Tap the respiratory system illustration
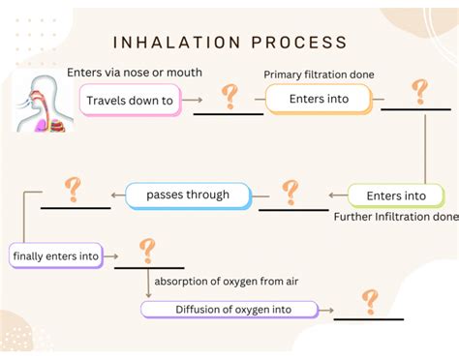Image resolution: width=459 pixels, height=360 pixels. tap(40, 101)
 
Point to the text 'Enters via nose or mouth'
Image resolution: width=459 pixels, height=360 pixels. tap(137, 74)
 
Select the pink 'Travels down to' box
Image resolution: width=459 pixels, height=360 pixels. tap(130, 100)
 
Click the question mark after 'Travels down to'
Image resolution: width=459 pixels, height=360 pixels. tap(229, 96)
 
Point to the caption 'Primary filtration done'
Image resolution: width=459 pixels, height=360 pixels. tap(319, 75)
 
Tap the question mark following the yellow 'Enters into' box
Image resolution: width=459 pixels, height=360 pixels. tap(419, 91)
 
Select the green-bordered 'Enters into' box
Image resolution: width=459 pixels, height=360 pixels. tap(396, 195)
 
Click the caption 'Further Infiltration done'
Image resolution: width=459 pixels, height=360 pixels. tap(395, 217)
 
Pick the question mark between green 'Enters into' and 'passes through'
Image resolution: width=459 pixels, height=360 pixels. tap(289, 190)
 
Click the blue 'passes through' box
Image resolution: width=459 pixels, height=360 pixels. tap(188, 195)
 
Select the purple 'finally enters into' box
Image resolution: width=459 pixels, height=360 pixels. tap(54, 255)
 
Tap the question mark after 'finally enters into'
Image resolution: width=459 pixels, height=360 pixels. tap(147, 251)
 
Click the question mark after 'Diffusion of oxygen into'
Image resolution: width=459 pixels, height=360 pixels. tap(369, 301)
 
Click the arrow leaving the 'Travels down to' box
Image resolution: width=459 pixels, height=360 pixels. tap(193, 101)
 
